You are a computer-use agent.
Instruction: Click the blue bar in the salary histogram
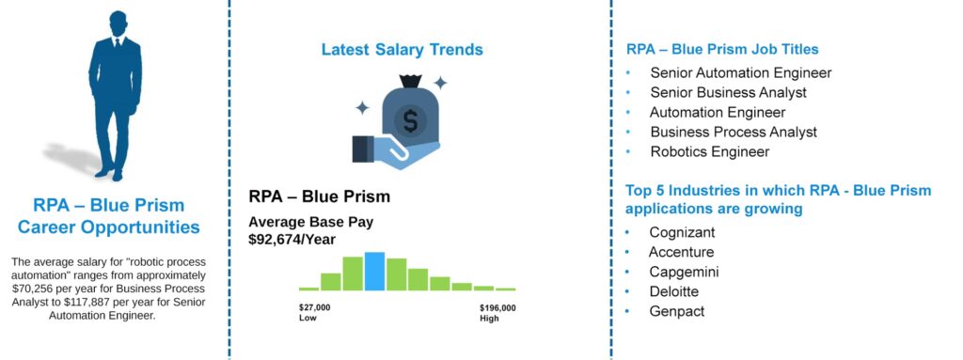[x=374, y=271]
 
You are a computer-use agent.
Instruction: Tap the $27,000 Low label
[x=314, y=313]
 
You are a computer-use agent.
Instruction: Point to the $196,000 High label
[x=497, y=313]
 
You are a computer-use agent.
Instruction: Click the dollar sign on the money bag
[x=410, y=119]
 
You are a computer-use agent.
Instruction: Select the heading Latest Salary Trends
[x=403, y=50]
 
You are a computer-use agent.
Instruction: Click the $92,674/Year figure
[x=292, y=240]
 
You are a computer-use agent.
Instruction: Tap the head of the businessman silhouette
[x=118, y=23]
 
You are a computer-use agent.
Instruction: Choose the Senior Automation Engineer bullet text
[x=741, y=73]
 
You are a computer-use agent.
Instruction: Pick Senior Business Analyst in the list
[x=729, y=93]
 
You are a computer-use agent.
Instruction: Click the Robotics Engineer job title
[x=710, y=151]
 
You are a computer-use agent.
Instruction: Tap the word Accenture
[x=682, y=253]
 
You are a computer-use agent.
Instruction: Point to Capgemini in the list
[x=685, y=273]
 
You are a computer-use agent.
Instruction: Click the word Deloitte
[x=674, y=291]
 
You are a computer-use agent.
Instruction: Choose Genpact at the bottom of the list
[x=677, y=311]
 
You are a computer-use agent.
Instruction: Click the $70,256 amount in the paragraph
[x=30, y=289]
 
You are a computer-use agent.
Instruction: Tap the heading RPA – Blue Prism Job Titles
[x=722, y=49]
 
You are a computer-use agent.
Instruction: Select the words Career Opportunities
[x=109, y=227]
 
